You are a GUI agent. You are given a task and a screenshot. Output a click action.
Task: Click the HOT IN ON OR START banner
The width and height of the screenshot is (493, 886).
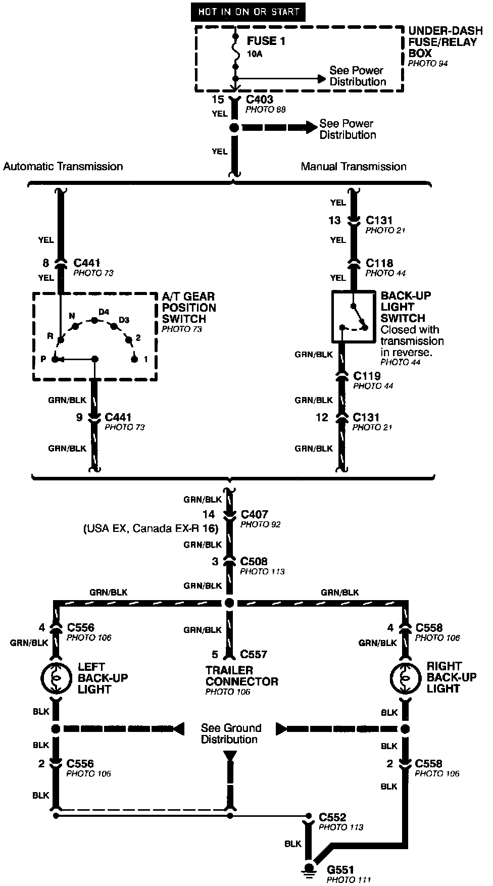(x=248, y=12)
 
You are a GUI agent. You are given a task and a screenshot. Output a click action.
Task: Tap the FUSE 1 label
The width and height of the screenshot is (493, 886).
(x=266, y=41)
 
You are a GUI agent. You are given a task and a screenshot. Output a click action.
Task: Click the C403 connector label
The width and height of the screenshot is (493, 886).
(x=259, y=100)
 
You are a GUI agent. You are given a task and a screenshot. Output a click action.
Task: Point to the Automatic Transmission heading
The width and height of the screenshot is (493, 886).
(x=63, y=166)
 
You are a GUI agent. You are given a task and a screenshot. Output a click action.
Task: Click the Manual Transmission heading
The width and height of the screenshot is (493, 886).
(x=354, y=166)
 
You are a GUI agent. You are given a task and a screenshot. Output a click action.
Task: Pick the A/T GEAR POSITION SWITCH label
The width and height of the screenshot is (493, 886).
(x=188, y=308)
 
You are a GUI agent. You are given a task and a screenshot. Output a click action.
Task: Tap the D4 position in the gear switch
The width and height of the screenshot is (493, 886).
(x=104, y=312)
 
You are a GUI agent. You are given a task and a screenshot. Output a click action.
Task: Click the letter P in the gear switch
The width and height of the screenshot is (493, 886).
(x=43, y=359)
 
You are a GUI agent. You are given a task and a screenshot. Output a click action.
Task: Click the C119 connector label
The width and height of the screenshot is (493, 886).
(x=367, y=376)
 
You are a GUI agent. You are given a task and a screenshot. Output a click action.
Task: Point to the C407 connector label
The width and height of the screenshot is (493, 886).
(x=254, y=515)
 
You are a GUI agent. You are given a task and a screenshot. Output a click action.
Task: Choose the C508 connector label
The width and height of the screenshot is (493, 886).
(x=254, y=561)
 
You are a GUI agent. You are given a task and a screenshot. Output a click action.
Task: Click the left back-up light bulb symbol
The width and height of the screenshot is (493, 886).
(x=56, y=677)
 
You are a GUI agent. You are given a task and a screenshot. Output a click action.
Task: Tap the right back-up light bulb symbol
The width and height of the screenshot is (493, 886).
(x=405, y=677)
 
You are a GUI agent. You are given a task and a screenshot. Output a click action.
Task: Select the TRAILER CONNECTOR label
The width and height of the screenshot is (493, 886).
(x=241, y=676)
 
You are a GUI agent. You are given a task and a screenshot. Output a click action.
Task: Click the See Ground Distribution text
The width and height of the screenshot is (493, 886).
(x=231, y=733)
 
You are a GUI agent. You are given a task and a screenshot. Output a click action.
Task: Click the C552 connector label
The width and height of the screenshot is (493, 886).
(x=332, y=817)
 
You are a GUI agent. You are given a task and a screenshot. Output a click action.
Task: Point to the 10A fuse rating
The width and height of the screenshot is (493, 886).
(x=255, y=54)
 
